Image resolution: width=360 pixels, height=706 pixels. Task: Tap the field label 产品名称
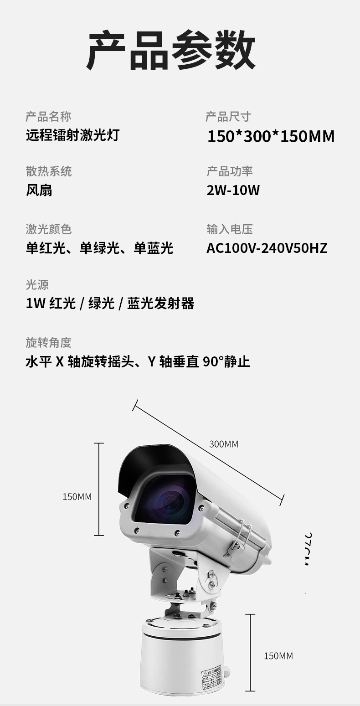[x=48, y=117]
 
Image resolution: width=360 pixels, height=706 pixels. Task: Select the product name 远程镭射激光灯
[x=72, y=135]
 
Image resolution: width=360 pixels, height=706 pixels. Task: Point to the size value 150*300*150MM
[x=271, y=136]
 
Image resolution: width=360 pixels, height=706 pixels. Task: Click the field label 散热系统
[x=49, y=171]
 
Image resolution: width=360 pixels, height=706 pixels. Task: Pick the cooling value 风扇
[x=39, y=190]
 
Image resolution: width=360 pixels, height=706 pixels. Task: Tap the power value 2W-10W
[x=233, y=190]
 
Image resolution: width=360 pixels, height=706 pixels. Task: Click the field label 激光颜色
[x=49, y=229]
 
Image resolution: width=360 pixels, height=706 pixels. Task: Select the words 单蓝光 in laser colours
[x=153, y=248]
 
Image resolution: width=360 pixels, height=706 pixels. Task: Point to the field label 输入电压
[x=229, y=229]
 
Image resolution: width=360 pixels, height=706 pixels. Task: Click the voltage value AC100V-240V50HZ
[x=267, y=248]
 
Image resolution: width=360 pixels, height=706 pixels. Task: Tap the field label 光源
[x=37, y=285]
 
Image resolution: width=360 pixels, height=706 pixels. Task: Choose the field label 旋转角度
[x=49, y=343]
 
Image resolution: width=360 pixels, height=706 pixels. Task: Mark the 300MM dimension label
[x=224, y=444]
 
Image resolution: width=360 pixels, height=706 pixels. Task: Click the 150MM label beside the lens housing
[x=77, y=497]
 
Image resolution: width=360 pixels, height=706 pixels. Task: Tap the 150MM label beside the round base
[x=278, y=656]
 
